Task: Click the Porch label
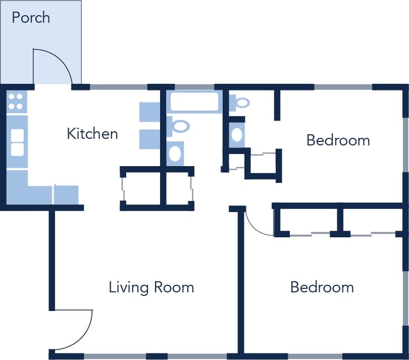pos(31,18)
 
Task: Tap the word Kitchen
pos(92,134)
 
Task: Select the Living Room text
pos(151,287)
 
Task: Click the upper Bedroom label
pos(338,140)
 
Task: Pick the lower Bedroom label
pos(322,287)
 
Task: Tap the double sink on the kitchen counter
pos(17,142)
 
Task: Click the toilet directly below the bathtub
pos(178,126)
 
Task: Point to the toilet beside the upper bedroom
pos(240,103)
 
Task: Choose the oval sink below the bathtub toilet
pos(175,153)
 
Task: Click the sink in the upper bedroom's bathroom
pos(237,135)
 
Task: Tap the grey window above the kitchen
pos(119,87)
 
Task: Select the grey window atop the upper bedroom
pos(343,87)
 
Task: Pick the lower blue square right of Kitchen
pos(149,139)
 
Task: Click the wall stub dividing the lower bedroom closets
pos(340,221)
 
